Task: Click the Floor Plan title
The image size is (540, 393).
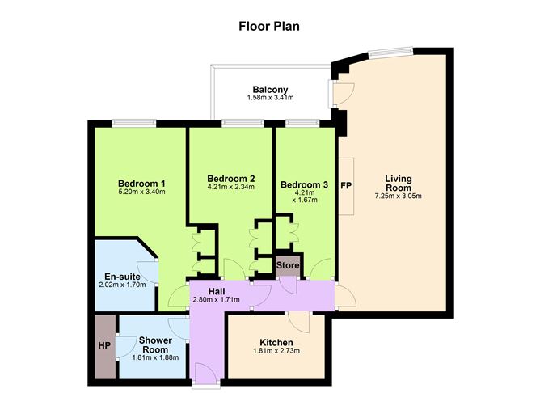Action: point(270,25)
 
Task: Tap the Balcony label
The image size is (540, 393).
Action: point(270,90)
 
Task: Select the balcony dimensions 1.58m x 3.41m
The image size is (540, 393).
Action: point(270,99)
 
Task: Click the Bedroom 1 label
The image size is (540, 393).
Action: point(141,183)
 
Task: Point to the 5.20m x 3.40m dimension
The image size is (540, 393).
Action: point(141,192)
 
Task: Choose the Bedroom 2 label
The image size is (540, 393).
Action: point(231,179)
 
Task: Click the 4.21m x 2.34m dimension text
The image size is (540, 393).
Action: point(231,188)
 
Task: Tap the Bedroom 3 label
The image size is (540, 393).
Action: point(304,185)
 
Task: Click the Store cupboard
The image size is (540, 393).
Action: point(289,265)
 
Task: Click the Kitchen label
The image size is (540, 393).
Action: point(276,343)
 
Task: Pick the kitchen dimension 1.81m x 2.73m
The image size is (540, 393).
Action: point(276,353)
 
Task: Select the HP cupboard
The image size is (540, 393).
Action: point(104,345)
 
